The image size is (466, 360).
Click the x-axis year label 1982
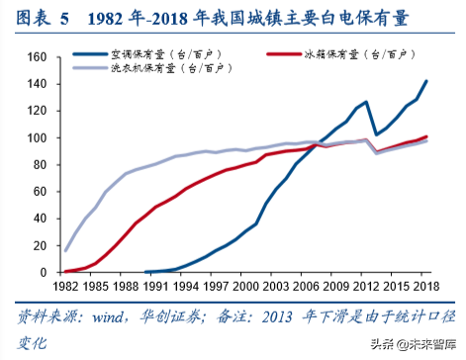(65, 285)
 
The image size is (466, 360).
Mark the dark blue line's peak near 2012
(366, 102)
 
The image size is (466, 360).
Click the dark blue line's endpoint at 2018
(427, 81)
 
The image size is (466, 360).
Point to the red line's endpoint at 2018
(427, 136)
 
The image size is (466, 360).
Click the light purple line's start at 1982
(65, 250)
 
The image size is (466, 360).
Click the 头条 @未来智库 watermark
(408, 342)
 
